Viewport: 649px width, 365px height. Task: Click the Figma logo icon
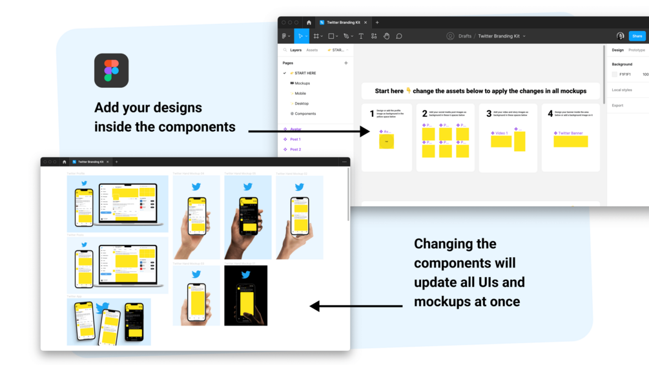[x=111, y=70]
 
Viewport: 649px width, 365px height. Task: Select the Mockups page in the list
[x=302, y=83]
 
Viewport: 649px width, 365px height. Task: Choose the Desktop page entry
[x=301, y=103]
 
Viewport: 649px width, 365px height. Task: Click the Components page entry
[x=305, y=114]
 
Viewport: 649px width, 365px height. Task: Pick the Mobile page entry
[x=300, y=94]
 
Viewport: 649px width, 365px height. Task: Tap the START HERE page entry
[x=305, y=73]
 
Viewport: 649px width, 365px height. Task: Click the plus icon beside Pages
[x=346, y=63]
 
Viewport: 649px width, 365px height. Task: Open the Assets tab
[x=312, y=50]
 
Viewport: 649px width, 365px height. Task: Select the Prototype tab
[x=636, y=50]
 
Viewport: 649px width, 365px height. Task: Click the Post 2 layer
[x=295, y=149]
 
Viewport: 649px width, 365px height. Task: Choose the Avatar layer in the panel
[x=295, y=129]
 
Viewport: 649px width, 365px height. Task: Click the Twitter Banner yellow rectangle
[x=570, y=141]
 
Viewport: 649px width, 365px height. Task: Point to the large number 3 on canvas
[x=489, y=114]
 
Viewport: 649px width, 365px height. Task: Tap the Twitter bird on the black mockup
[x=245, y=275]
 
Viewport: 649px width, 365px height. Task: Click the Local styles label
[x=622, y=90]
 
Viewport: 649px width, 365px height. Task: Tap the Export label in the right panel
[x=617, y=105]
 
